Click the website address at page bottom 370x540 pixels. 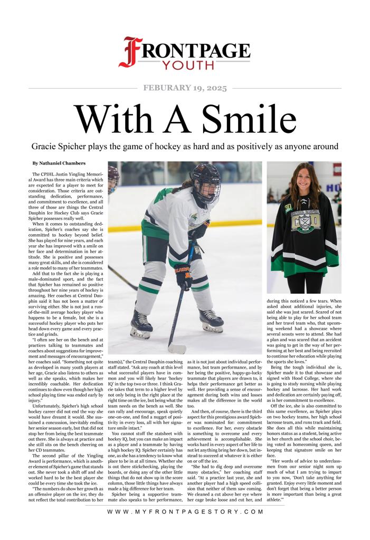(185, 527)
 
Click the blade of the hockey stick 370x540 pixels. (176, 349)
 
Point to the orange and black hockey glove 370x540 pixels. (184, 275)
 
